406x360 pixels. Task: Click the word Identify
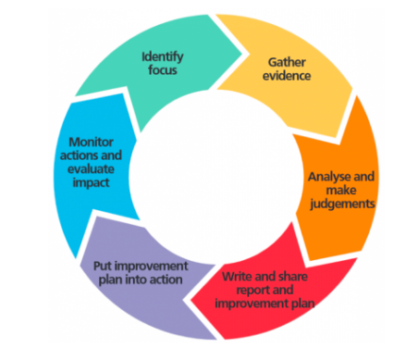pos(163,57)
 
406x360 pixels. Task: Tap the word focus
pos(163,70)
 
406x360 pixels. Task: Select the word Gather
pos(287,62)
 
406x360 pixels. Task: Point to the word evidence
pos(287,76)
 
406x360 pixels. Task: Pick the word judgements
pos(342,205)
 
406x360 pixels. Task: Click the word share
pos(293,277)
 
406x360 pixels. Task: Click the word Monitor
pos(91,143)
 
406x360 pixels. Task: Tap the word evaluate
pos(91,169)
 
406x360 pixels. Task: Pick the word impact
pos(91,183)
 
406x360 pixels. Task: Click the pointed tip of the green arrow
pos(242,54)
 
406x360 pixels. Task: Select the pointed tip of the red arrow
pos(191,300)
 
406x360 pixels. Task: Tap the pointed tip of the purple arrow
pos(76,257)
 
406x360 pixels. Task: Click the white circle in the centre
pos(215,177)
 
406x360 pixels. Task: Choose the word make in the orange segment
pos(341,191)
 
